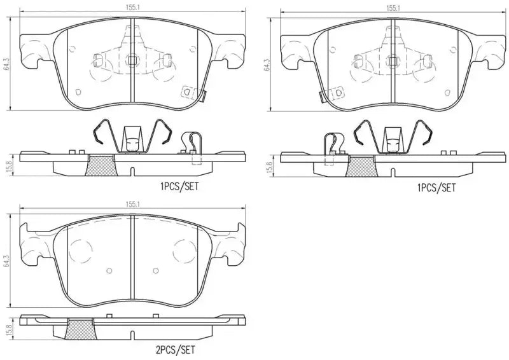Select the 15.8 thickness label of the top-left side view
7,164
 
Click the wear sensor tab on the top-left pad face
188,92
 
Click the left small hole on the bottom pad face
109,272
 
